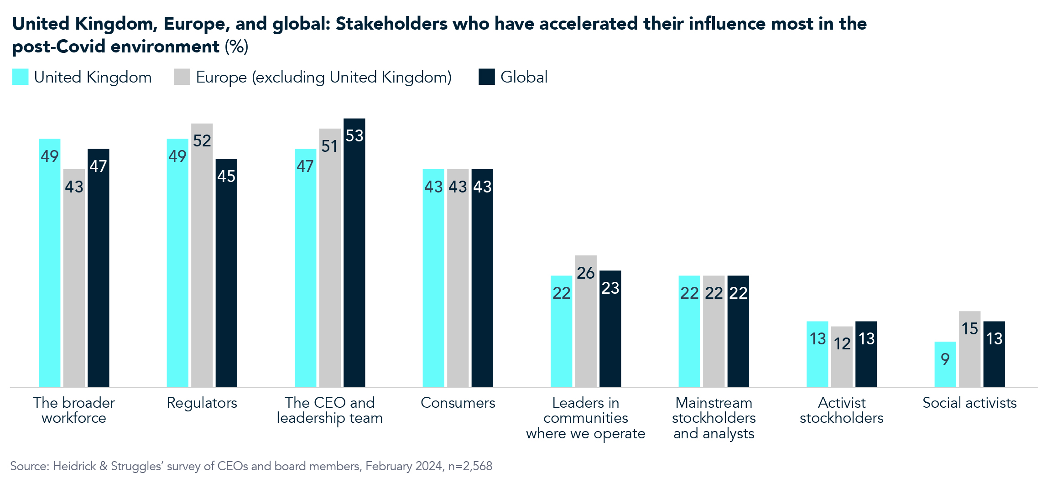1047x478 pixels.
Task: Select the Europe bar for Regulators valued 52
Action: (x=202, y=255)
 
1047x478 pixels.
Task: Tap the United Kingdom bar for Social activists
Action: (x=945, y=364)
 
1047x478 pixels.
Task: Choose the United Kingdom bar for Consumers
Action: (x=433, y=278)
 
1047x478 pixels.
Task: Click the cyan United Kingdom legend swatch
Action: (x=21, y=77)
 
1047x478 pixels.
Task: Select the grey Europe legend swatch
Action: (x=182, y=77)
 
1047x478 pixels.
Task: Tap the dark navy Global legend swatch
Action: (x=486, y=77)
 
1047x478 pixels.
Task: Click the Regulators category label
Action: (x=202, y=403)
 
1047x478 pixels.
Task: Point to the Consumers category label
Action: (x=458, y=403)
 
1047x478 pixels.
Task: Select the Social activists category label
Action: (x=969, y=403)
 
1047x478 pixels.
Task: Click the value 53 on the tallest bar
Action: (x=354, y=136)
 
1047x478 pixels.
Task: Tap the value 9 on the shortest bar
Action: (x=945, y=359)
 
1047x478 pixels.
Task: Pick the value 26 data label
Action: (x=586, y=273)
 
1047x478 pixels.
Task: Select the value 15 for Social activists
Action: (x=969, y=329)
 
